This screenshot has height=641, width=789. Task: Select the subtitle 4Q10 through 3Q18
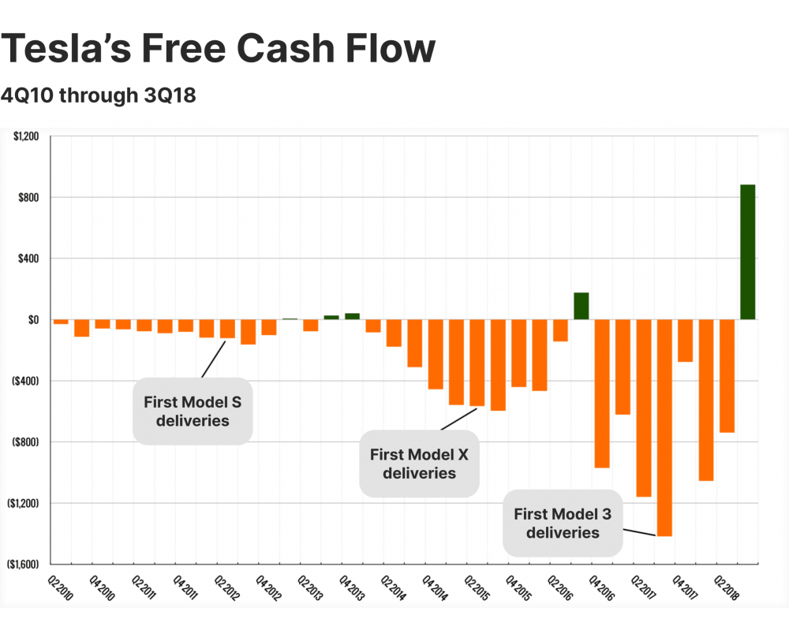click(x=99, y=95)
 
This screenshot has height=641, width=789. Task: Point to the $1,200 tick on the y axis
click(x=27, y=136)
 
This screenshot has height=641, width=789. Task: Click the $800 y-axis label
click(x=30, y=197)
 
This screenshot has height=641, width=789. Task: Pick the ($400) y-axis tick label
click(x=27, y=381)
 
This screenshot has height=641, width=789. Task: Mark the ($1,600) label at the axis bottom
click(x=24, y=565)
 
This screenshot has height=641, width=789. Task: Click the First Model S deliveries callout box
click(x=192, y=411)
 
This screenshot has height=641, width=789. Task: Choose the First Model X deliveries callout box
click(x=419, y=463)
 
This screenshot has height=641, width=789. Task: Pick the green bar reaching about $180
click(x=581, y=306)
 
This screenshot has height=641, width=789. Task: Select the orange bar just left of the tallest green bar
click(x=727, y=375)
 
